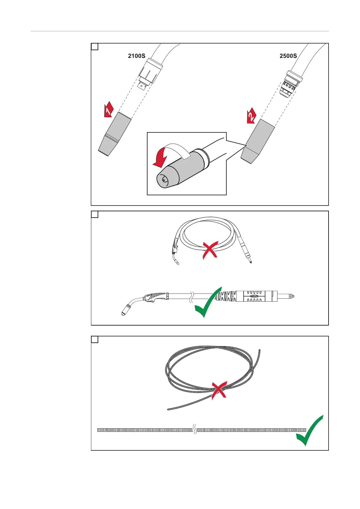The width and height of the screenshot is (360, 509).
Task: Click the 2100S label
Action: pos(137,56)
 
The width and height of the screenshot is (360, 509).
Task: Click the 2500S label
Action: pos(288,56)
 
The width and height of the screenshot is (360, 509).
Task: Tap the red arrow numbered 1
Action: pos(108,109)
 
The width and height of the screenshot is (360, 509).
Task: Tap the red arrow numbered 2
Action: pos(251,115)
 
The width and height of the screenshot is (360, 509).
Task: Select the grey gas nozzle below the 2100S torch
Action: pos(115,133)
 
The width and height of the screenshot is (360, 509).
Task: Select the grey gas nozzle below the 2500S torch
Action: pos(258,141)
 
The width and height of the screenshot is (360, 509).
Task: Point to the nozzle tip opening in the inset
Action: pos(164,180)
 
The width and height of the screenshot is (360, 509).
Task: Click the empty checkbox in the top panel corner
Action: pos(95,47)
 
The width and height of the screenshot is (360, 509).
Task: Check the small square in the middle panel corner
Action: pos(95,215)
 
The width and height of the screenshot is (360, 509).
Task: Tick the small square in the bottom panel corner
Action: pos(95,340)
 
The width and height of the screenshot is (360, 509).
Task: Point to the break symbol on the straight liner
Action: pos(195,430)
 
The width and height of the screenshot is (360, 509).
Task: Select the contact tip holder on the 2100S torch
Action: pos(143,86)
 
